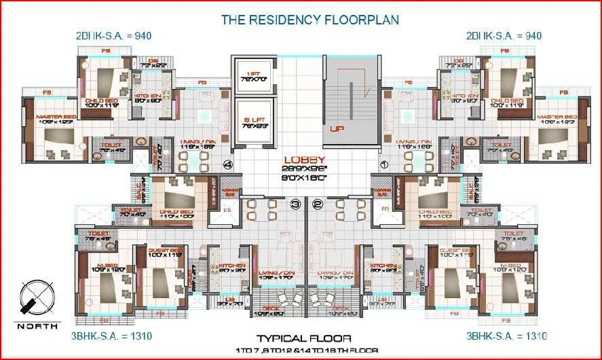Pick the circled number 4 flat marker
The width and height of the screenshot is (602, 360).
(x=228, y=164)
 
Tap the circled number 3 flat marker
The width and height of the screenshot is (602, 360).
(x=295, y=202)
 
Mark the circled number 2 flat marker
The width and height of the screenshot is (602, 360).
(x=317, y=202)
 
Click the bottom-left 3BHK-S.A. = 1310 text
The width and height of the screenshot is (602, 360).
(x=103, y=336)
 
